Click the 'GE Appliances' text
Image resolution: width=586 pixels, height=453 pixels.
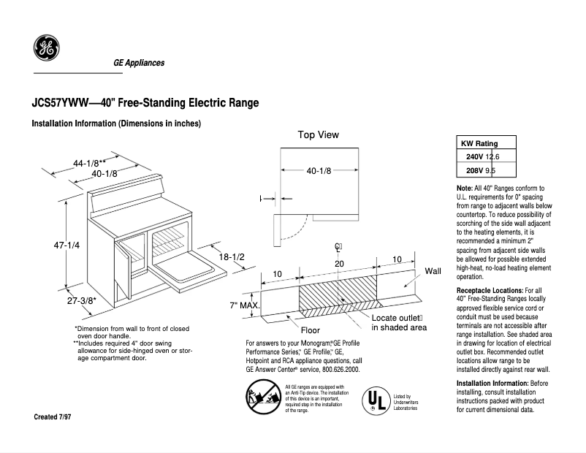point(138,63)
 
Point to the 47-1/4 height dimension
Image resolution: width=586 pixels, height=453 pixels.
point(66,245)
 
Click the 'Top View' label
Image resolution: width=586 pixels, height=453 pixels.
point(318,135)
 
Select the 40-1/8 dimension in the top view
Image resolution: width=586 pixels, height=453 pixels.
point(319,171)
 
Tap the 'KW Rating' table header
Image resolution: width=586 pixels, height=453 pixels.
point(479,143)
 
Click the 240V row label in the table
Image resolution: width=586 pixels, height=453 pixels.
point(474,157)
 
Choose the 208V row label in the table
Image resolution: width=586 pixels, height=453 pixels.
point(474,170)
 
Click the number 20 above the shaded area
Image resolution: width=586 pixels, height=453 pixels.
point(338,263)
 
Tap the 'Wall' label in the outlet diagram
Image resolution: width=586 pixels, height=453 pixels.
point(433,271)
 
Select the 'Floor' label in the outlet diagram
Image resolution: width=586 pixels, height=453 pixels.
point(311,330)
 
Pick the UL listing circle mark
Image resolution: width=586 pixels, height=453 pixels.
point(376,400)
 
